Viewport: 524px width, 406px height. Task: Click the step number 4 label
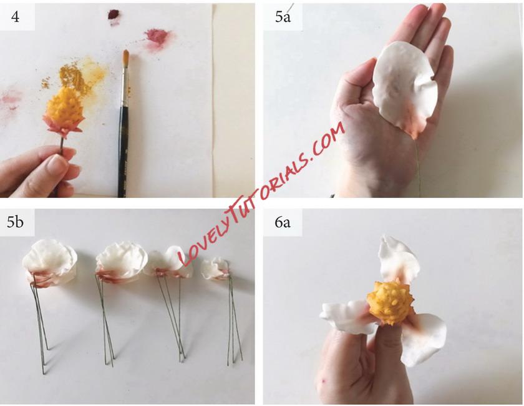pos(15,16)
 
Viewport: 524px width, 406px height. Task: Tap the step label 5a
pos(283,17)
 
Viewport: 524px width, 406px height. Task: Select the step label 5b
pos(16,222)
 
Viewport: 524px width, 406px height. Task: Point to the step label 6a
pos(283,222)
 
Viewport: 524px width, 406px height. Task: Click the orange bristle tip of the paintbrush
pos(125,55)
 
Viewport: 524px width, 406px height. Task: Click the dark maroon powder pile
pos(113,14)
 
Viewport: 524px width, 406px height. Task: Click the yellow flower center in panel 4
pos(64,109)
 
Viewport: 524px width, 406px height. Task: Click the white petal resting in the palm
pos(404,90)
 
